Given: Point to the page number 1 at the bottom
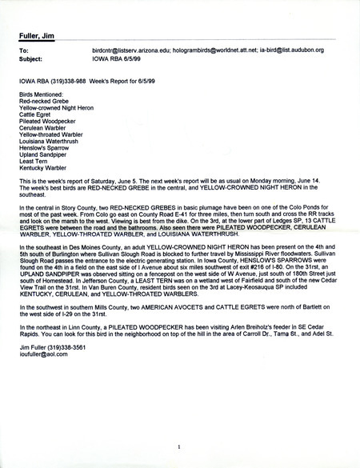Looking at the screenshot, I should pos(181,448).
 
